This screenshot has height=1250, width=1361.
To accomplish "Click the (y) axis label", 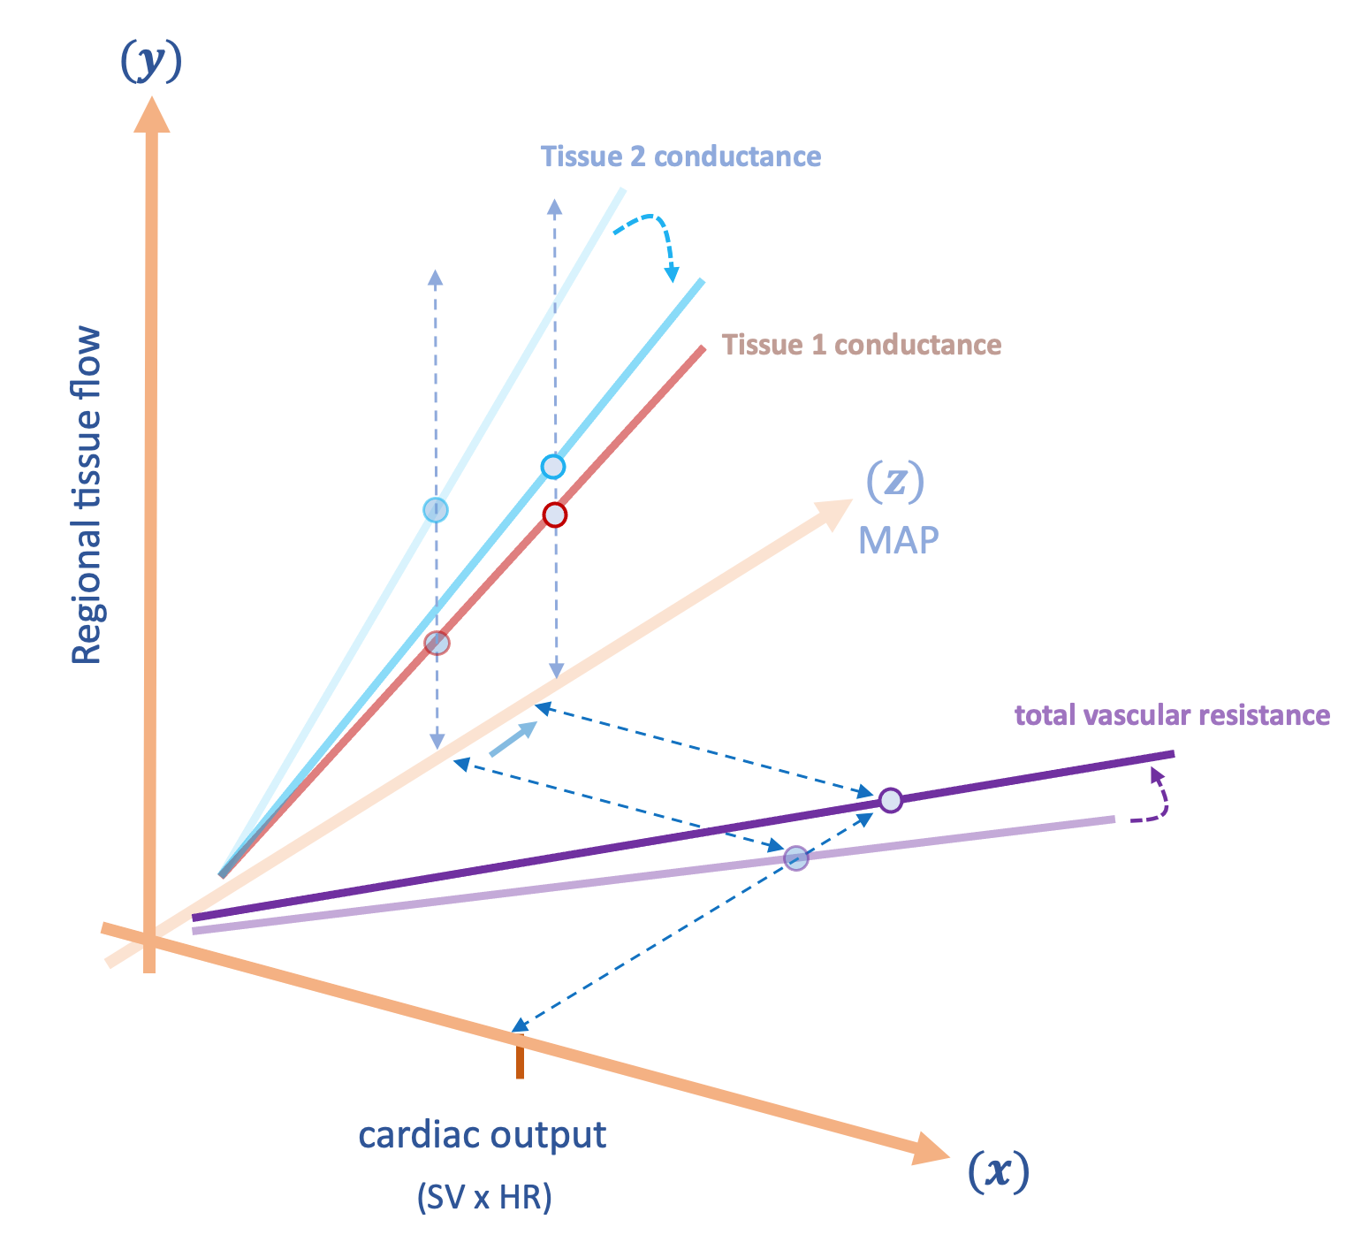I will click(x=151, y=63).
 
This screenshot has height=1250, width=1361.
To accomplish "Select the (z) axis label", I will click(x=894, y=482).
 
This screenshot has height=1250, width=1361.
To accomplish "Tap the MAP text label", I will click(x=898, y=540).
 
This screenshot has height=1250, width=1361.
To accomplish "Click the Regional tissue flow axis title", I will click(x=87, y=495).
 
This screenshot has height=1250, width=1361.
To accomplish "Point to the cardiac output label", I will click(x=483, y=1134).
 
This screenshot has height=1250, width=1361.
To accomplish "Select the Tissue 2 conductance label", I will click(x=680, y=156).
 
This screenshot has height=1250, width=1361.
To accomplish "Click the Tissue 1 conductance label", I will click(x=862, y=344).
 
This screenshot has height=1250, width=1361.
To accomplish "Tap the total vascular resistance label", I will click(x=1172, y=714).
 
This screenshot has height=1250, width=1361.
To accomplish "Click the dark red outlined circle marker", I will click(x=554, y=514).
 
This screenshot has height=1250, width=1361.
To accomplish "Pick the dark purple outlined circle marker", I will click(x=890, y=800).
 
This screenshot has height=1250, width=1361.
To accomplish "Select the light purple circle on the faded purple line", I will click(x=796, y=857).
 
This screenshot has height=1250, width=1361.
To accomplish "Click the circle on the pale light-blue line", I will click(x=435, y=510).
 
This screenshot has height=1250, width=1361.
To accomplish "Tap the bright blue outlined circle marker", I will click(x=552, y=467).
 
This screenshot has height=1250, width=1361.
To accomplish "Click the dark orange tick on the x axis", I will click(x=520, y=1058).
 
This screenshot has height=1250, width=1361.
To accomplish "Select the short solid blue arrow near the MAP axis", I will click(x=513, y=739).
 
